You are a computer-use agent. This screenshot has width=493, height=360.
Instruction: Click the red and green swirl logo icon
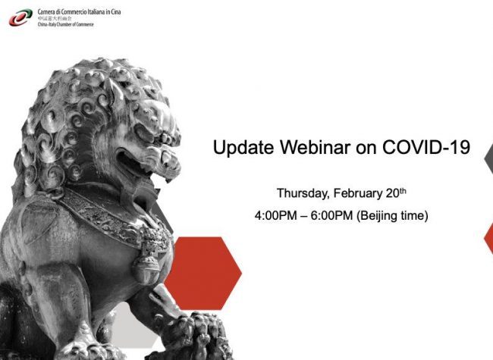[20, 17]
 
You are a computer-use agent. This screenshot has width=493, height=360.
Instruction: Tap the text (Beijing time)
[398, 216]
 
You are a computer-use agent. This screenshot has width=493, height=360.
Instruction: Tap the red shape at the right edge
[489, 239]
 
